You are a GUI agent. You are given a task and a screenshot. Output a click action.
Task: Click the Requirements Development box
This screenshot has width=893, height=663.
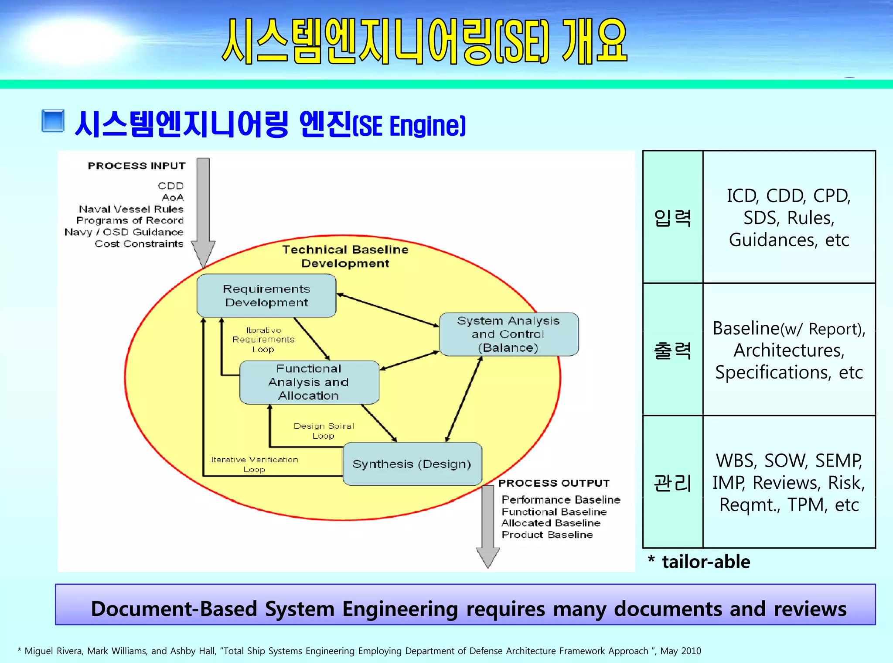(266, 295)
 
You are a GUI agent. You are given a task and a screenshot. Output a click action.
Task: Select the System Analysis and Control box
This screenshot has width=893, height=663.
(508, 334)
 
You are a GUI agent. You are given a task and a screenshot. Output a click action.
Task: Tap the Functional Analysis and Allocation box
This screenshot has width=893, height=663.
(309, 382)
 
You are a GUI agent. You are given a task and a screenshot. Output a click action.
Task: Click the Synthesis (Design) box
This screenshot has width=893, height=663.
(412, 464)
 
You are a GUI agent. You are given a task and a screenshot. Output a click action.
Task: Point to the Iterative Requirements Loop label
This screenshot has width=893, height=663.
(263, 340)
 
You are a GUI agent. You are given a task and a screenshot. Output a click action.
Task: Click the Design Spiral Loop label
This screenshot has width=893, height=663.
(324, 430)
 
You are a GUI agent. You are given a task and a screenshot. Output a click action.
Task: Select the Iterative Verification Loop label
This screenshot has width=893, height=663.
(255, 464)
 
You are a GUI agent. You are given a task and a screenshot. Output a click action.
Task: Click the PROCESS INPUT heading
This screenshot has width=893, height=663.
(136, 166)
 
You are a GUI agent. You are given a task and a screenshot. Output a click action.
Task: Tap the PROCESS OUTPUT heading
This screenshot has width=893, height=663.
(554, 483)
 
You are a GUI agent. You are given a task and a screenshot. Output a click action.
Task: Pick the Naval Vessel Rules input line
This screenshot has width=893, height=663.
(131, 209)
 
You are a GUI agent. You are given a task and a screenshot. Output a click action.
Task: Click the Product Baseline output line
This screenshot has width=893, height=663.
(547, 535)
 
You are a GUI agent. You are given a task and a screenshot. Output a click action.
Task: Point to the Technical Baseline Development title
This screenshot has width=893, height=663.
(345, 256)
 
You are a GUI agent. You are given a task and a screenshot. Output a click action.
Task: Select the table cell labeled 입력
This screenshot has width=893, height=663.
(672, 217)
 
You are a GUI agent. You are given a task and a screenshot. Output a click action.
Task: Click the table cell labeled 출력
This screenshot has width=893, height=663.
(672, 350)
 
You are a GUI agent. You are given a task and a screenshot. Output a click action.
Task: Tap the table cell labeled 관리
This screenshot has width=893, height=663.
(672, 482)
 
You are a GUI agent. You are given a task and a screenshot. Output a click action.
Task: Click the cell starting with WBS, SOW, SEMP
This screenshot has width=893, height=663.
(789, 482)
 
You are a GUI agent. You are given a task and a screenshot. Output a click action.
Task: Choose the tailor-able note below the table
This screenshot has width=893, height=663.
(705, 562)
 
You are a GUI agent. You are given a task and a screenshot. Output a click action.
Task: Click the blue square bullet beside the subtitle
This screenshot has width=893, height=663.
(53, 121)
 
